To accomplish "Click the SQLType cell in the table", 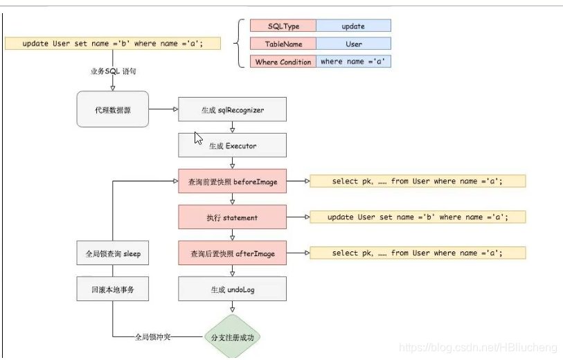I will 283,26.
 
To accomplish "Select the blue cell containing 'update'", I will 353,26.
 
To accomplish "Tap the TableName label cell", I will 283,44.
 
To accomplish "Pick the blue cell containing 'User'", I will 353,44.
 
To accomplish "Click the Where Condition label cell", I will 283,62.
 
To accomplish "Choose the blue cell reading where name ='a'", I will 353,62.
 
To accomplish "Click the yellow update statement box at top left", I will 113,44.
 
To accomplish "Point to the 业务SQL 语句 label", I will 111,71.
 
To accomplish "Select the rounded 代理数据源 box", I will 112,109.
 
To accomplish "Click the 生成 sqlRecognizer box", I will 232,109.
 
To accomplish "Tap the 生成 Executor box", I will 232,145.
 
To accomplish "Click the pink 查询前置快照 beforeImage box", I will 232,181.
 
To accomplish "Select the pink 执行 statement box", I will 232,217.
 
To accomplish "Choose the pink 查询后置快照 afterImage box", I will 232,253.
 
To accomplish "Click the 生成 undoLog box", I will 232,289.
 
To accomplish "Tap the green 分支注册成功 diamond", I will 232,337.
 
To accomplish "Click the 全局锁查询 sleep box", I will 112,253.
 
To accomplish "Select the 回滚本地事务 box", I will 112,289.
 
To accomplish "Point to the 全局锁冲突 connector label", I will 152,337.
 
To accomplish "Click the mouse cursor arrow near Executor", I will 199,138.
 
